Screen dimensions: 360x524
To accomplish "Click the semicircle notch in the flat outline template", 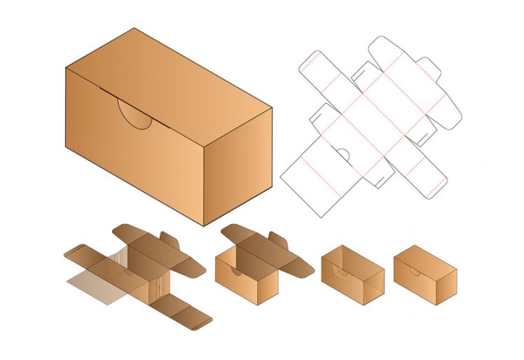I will click(x=343, y=154).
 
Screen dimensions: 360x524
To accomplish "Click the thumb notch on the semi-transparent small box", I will click(x=341, y=270).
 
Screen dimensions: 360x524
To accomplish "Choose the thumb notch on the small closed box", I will click(x=414, y=271).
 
